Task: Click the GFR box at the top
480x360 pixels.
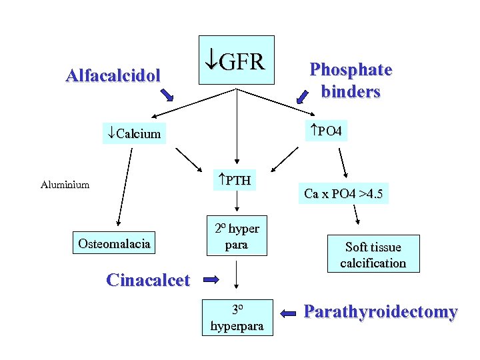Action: (237, 60)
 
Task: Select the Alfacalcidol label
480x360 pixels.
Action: (113, 75)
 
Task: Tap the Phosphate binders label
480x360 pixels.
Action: (351, 80)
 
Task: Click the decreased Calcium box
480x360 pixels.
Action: (135, 133)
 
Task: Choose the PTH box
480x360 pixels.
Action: (234, 179)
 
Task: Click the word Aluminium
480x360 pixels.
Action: (65, 185)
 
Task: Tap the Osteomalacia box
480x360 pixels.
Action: (114, 244)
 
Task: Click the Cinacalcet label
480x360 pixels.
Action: (148, 280)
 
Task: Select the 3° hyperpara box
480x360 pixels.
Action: (237, 318)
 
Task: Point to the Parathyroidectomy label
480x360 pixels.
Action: (381, 312)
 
